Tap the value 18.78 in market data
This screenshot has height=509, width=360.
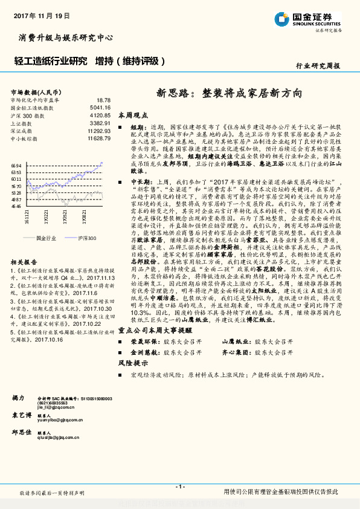[x=103, y=100]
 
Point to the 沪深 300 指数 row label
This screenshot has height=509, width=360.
[x=28, y=115]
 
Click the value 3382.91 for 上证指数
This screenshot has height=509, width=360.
[x=100, y=123]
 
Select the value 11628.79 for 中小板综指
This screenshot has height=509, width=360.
[x=98, y=138]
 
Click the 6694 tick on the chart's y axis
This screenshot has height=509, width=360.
[x=16, y=166]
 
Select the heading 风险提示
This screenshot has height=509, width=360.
[x=132, y=363]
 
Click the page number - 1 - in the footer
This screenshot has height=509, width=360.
[x=179, y=487]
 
